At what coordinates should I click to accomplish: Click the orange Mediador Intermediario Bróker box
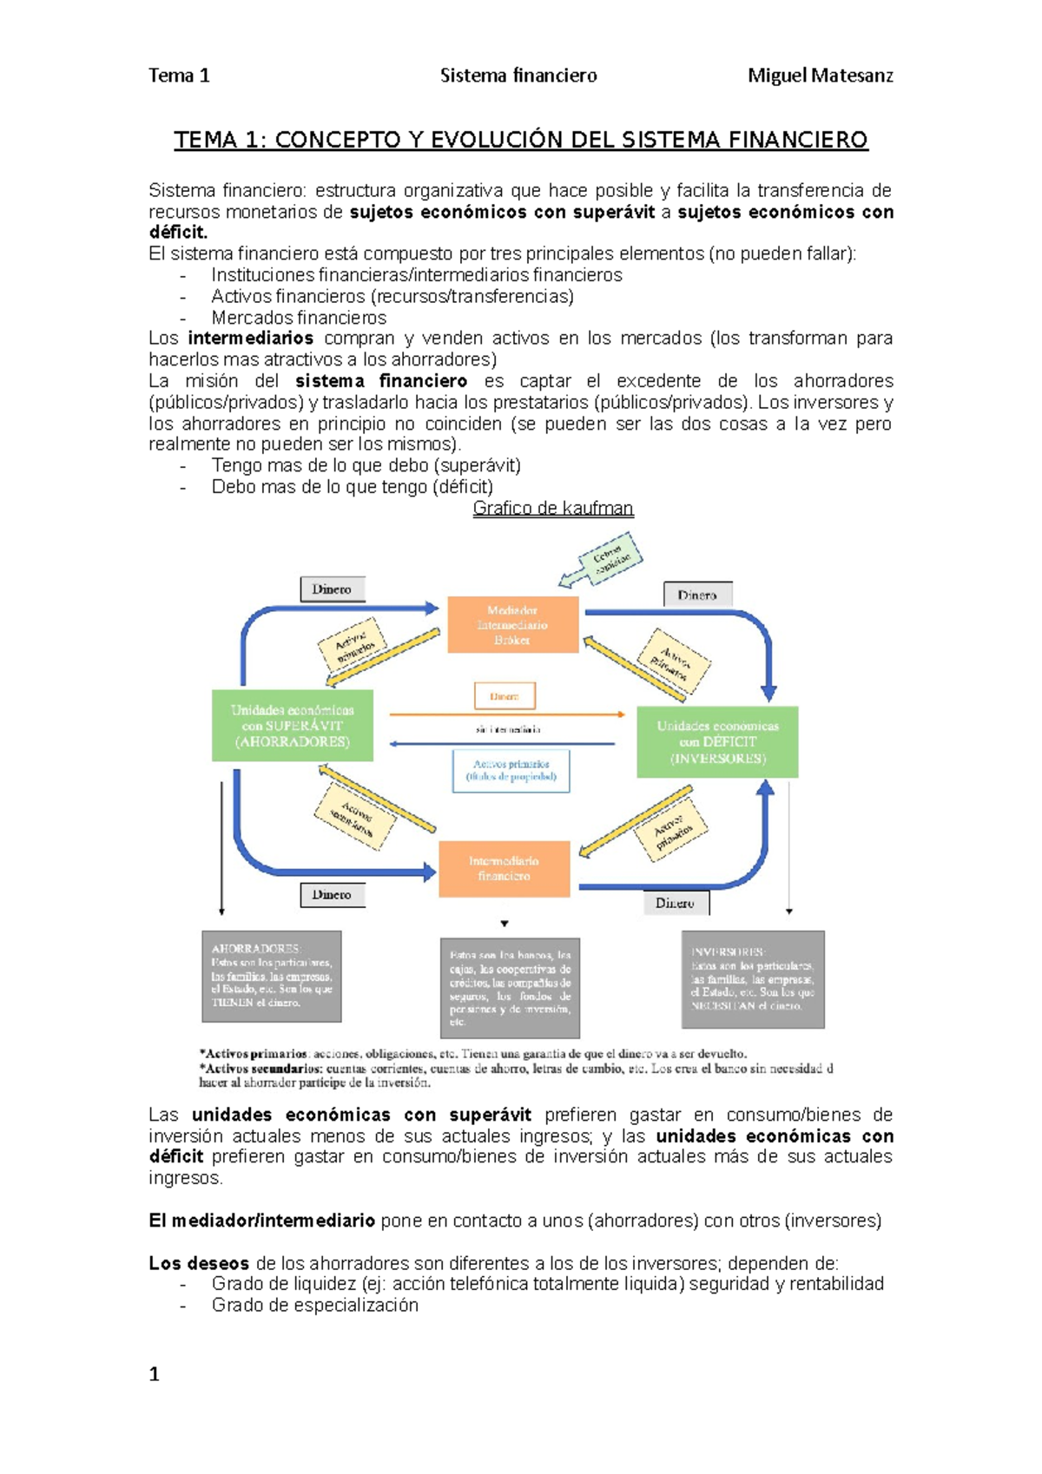tap(512, 624)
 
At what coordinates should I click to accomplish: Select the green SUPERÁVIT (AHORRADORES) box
tap(293, 726)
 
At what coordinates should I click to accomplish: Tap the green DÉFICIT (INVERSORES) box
tap(717, 742)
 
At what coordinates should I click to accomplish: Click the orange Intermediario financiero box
tap(504, 868)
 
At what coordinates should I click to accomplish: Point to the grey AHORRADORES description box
tap(271, 976)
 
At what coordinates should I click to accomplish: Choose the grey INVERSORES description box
tap(753, 979)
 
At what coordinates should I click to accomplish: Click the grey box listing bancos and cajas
tap(510, 988)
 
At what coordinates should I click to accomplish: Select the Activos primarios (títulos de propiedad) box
tap(511, 771)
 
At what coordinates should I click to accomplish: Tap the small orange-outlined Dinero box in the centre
tap(505, 695)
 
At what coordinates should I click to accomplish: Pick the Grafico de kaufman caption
tap(553, 509)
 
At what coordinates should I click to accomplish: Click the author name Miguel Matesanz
tap(820, 76)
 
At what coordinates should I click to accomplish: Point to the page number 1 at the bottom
tap(155, 1373)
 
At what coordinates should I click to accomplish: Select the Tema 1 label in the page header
tap(179, 76)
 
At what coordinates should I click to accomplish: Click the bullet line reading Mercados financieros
tap(299, 318)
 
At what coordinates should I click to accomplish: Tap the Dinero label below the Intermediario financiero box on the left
tap(332, 894)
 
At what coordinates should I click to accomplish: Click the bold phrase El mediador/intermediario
tap(261, 1221)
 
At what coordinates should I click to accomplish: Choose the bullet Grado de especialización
tap(314, 1306)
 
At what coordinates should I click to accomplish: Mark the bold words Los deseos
tap(199, 1263)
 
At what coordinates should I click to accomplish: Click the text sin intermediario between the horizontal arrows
tap(508, 729)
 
